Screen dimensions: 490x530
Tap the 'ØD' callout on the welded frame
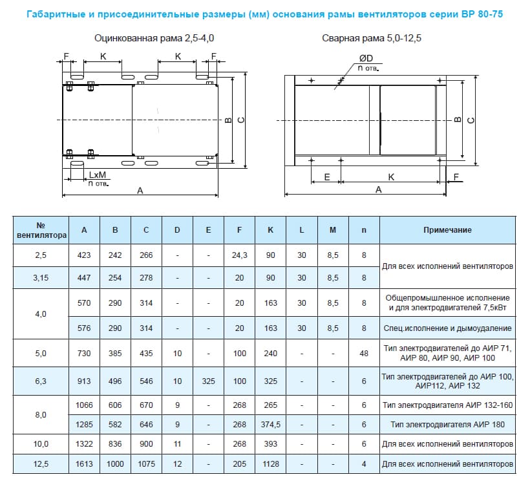pos(366,59)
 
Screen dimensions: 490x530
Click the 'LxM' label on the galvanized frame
pos(98,175)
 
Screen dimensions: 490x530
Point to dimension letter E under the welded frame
pos(326,176)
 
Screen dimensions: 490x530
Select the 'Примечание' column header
pos(447,230)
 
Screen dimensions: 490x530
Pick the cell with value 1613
pos(84,464)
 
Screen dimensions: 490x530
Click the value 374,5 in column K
pos(270,425)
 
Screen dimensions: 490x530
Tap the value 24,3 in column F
pos(240,255)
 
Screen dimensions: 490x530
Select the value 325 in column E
pos(208,381)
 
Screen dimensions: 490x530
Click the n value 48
pos(364,354)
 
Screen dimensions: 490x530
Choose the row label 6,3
pos(41,381)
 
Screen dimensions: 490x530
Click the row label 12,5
pos(41,464)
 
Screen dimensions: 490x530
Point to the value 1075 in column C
pos(146,464)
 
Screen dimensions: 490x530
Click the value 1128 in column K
pos(270,464)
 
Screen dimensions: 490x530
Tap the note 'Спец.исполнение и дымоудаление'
pos(447,328)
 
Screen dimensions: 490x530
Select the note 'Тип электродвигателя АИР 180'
pos(447,425)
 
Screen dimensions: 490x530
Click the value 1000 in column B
pos(115,464)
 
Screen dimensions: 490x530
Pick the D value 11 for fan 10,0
pos(177,444)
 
